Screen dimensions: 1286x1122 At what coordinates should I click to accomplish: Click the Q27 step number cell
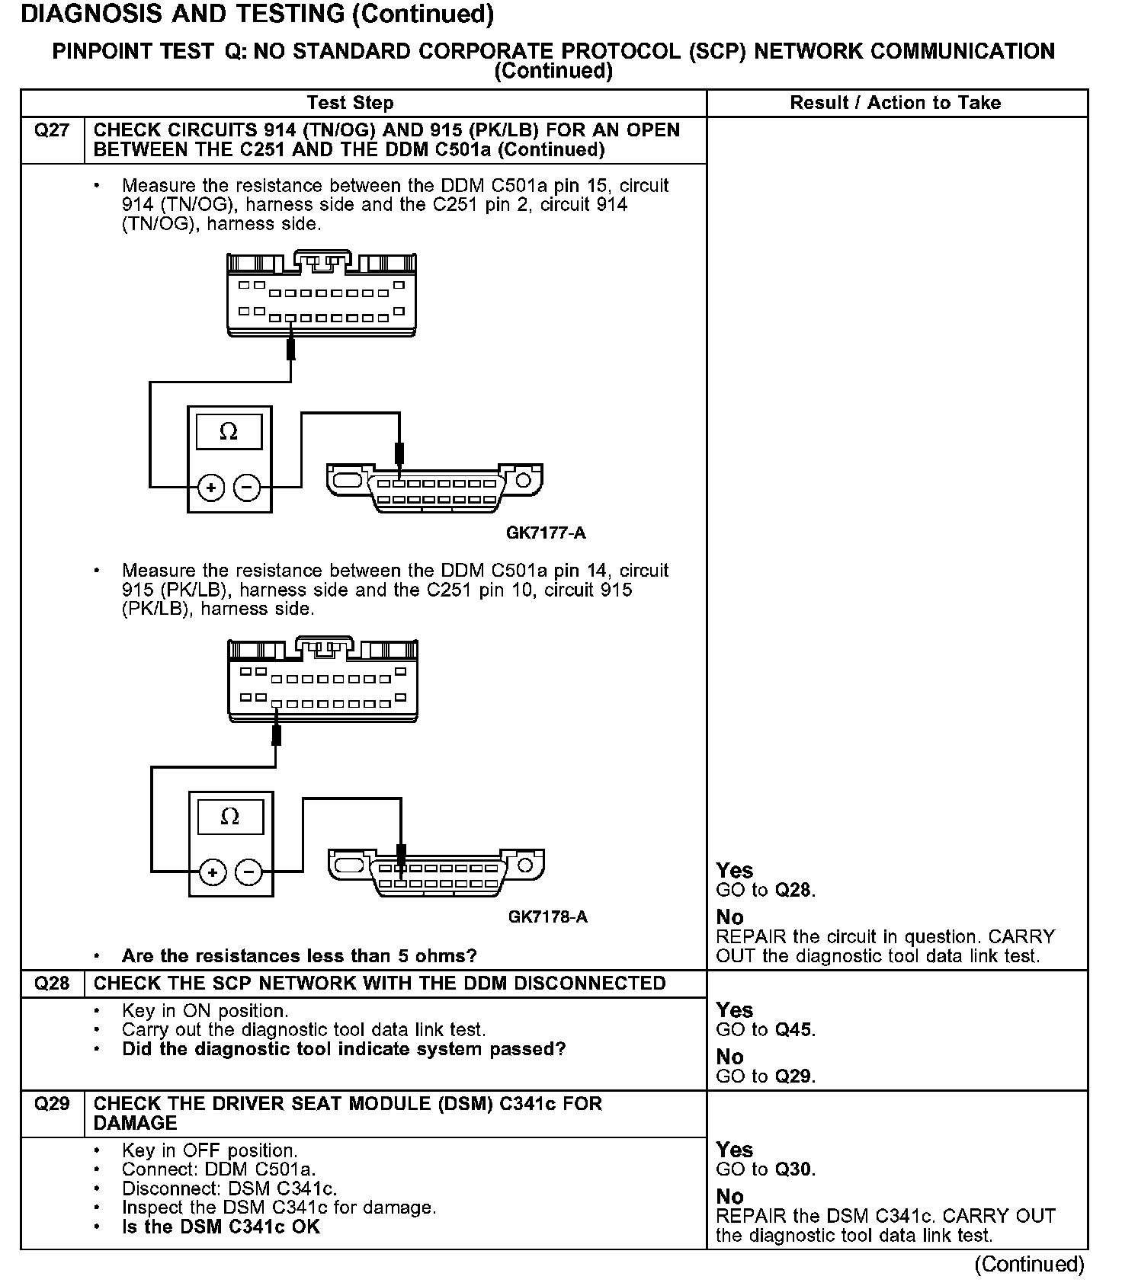(52, 131)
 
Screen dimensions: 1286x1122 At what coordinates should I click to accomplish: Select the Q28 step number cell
(52, 984)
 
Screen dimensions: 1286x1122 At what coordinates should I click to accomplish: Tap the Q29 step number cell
(52, 1104)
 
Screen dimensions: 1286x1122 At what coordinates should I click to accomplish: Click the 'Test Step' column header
(350, 103)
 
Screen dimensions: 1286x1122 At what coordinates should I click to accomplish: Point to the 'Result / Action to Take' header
(895, 103)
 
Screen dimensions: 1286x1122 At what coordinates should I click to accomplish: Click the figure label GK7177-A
(546, 533)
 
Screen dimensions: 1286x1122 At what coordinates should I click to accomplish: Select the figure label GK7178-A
(547, 917)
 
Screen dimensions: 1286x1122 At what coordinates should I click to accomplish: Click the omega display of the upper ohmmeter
(229, 433)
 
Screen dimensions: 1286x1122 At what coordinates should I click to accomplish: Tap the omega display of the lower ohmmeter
(229, 817)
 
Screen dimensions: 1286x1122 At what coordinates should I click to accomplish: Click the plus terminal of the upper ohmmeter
(211, 488)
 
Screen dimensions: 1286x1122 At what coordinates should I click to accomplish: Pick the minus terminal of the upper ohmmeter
(246, 488)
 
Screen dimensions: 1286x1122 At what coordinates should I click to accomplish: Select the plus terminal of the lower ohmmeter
(213, 872)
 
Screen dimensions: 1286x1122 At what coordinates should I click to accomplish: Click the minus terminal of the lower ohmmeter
(248, 872)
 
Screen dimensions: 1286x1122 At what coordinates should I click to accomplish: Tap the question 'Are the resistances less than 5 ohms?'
(299, 956)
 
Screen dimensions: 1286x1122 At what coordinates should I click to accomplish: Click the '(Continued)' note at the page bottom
(1029, 1265)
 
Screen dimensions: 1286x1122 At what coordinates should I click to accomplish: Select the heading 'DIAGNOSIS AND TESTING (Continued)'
(258, 14)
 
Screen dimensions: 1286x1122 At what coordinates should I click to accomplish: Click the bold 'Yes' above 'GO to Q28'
(735, 871)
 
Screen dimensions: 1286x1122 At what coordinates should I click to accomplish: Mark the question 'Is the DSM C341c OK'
(221, 1227)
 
